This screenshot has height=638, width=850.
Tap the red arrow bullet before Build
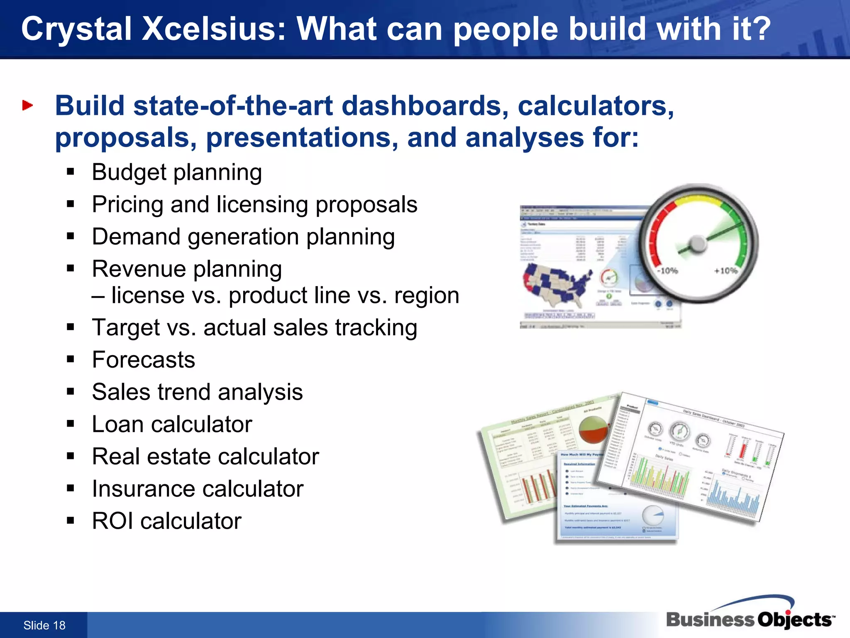coord(27,106)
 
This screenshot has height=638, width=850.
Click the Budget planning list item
coord(177,172)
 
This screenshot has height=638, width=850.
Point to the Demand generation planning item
coord(243,237)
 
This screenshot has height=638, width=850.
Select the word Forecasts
coord(144,360)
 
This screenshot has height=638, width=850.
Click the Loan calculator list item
coord(172,424)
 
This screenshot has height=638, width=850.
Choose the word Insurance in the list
coord(144,489)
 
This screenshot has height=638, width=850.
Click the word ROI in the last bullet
coord(112,521)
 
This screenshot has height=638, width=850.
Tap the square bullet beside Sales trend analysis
coord(71,392)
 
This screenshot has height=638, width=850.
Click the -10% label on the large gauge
coord(667,271)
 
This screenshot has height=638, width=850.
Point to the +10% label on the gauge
coord(725,271)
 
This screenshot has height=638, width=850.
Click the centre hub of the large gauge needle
coord(698,244)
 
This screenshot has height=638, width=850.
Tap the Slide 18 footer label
coord(44,625)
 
